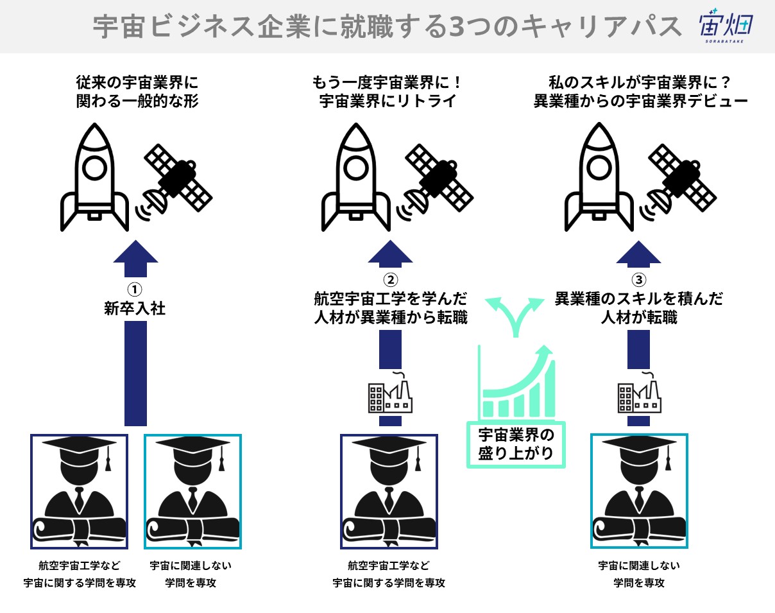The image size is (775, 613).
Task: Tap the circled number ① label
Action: pos(135,288)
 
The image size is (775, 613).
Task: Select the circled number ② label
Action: pos(390,280)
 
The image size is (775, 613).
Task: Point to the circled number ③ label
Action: pos(638,280)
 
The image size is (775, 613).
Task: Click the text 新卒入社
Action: pos(135,309)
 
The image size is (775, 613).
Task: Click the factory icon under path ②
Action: pos(390,393)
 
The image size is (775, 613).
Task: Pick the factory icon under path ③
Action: pos(639,393)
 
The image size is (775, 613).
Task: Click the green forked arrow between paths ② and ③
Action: pos(514,315)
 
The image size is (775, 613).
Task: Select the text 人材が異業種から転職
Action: pos(391,318)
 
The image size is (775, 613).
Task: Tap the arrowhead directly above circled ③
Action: pos(638,253)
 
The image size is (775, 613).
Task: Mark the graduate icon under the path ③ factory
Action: pos(639,492)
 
